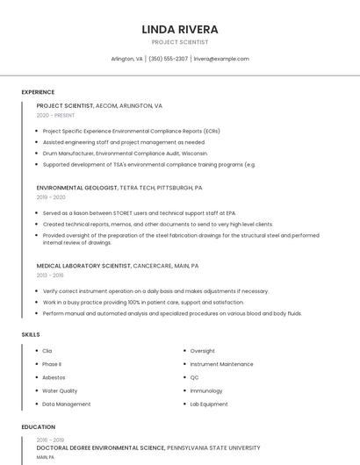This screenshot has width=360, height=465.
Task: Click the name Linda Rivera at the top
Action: coord(180,30)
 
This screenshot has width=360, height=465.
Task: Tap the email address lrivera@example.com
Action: coord(221,59)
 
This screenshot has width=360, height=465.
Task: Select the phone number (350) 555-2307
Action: coord(169,59)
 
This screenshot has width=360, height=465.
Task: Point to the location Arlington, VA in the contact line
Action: coord(127,59)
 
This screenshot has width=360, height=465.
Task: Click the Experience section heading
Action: coord(38,92)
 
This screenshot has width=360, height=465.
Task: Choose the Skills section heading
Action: coord(31,334)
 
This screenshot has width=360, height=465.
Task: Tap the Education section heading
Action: coord(38,427)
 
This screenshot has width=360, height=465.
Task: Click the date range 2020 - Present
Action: coord(55,115)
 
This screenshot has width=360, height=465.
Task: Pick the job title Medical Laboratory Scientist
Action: coord(83,266)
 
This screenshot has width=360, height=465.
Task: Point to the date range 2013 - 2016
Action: coord(50,275)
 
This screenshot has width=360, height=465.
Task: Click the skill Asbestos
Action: coord(54,377)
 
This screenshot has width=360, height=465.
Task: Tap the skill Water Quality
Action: coord(60,390)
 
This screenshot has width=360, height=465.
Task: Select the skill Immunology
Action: coord(206,390)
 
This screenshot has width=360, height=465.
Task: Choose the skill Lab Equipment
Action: coord(208,404)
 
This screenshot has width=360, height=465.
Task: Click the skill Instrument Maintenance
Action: coord(221,364)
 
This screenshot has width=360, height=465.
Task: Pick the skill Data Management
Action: coord(66,404)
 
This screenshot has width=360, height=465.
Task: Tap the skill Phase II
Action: coord(52,364)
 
